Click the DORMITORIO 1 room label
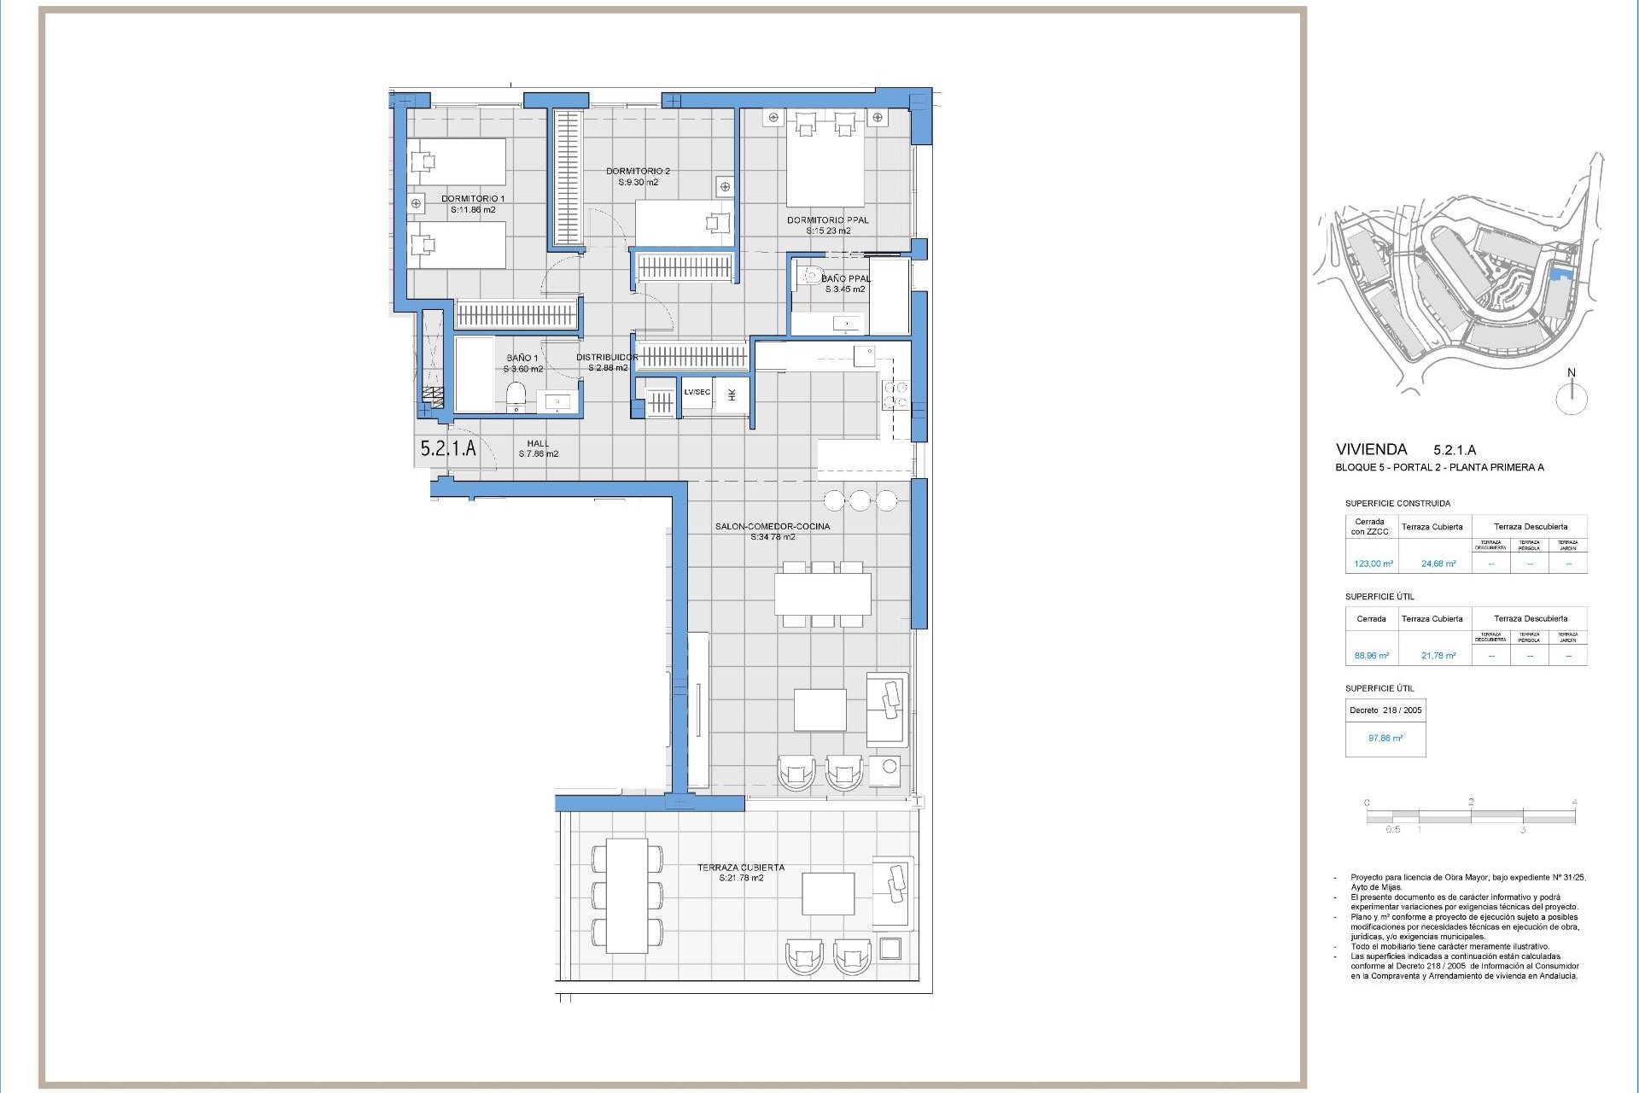(x=473, y=199)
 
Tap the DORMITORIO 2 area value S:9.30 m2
(x=639, y=183)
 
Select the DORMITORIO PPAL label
(x=827, y=220)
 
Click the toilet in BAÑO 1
(x=516, y=396)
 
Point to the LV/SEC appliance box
(x=697, y=393)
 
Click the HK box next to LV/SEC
(x=732, y=395)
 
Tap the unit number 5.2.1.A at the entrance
(x=448, y=448)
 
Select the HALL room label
(x=538, y=443)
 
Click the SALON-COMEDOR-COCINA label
(x=772, y=527)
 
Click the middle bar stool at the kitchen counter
(x=860, y=500)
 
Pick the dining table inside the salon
(x=822, y=594)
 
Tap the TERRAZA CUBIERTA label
(x=740, y=868)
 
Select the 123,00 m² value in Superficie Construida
(x=1373, y=564)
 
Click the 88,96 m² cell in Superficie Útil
(x=1371, y=656)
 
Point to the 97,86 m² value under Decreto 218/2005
(x=1385, y=739)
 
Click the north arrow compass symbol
(x=1571, y=397)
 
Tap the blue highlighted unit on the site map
(x=1560, y=273)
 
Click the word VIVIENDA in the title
(x=1371, y=449)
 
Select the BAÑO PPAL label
(x=845, y=279)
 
